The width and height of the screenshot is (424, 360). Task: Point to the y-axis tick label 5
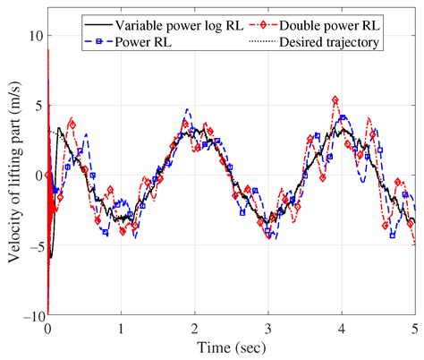35,105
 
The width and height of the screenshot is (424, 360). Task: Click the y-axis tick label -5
32,246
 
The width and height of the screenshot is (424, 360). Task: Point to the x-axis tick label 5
413,329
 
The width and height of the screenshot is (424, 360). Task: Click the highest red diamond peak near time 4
335,99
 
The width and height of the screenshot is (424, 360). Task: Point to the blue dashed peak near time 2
187,109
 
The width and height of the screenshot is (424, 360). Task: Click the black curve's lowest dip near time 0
52,258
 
